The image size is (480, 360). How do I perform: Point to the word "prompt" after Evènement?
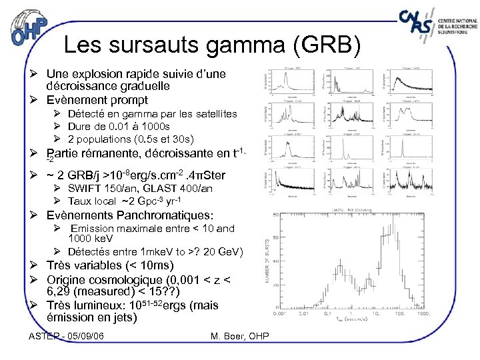(x=127, y=100)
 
